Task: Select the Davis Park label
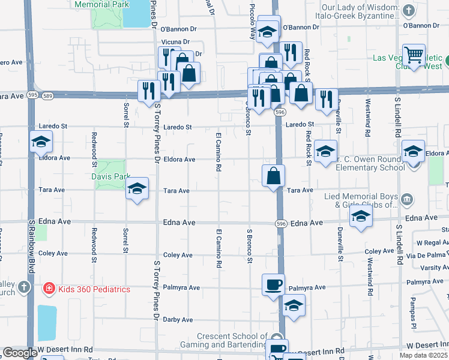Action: [x=110, y=177]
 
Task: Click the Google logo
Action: [x=20, y=353]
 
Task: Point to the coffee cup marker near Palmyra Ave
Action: [x=273, y=284]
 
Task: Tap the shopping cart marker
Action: [x=414, y=56]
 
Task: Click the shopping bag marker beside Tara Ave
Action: [x=273, y=176]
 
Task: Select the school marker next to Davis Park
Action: [x=137, y=188]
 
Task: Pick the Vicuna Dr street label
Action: [x=175, y=42]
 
